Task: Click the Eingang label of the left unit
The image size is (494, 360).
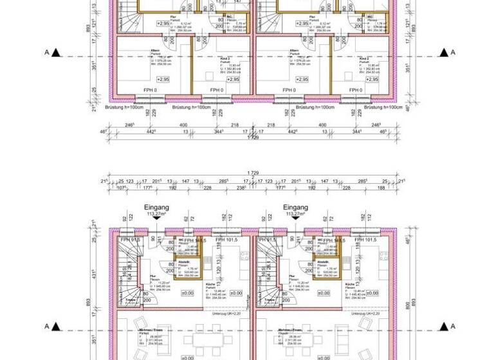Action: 153,208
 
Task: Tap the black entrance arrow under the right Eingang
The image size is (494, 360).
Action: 295,217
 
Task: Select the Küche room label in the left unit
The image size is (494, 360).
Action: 211,284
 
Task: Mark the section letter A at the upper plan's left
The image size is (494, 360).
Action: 46,52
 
